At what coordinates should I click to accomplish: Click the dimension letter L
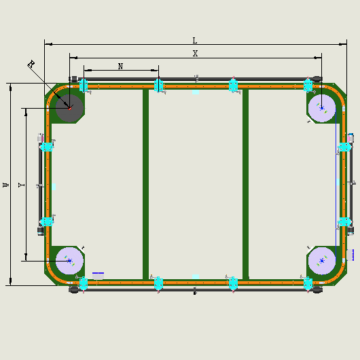point(195,41)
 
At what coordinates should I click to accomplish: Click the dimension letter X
point(195,54)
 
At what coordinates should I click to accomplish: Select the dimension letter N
point(120,67)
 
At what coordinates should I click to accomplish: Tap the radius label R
point(31,64)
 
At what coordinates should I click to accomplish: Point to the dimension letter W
point(6,185)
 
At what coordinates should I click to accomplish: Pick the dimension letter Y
point(21,185)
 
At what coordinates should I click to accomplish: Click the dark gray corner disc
point(69,108)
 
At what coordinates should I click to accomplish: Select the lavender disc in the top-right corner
point(322,108)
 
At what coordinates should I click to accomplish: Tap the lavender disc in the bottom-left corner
point(69,261)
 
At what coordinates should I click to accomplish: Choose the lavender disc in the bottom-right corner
point(322,261)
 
